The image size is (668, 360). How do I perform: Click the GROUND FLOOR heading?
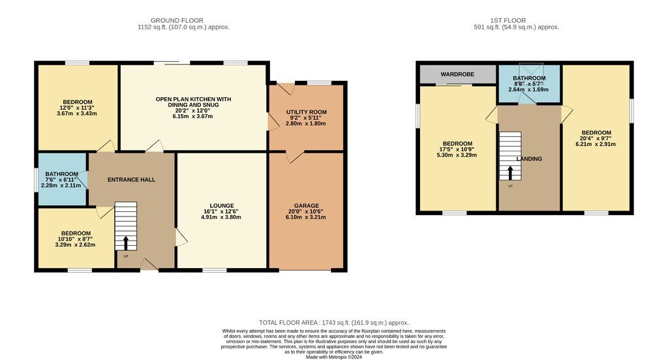[x=177, y=20]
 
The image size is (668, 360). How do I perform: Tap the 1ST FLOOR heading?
[x=508, y=20]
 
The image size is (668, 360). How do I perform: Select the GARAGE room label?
[x=307, y=206]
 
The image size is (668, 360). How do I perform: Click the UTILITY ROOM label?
[x=307, y=112]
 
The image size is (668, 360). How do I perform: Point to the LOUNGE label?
[x=222, y=206]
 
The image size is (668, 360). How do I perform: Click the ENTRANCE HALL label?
[x=131, y=180]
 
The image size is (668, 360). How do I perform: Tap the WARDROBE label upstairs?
[x=457, y=74]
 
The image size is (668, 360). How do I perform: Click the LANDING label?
[x=529, y=159]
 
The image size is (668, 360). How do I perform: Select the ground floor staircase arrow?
[x=126, y=243]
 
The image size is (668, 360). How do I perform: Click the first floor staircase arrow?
[x=510, y=173]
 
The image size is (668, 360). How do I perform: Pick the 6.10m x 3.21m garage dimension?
[x=306, y=217]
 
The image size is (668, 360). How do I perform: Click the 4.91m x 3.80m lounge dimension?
[x=221, y=217]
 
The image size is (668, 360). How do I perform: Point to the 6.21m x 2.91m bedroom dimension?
[x=596, y=144]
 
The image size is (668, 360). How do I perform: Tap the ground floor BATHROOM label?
[x=61, y=174]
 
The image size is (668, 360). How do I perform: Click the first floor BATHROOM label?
[x=529, y=78]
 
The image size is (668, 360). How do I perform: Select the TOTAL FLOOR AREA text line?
[x=334, y=323]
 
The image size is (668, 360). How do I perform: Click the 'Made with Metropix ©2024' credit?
[x=334, y=357]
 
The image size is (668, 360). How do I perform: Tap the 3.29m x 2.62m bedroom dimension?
[x=76, y=245]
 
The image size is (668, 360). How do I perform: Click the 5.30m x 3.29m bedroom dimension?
[x=457, y=155]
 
